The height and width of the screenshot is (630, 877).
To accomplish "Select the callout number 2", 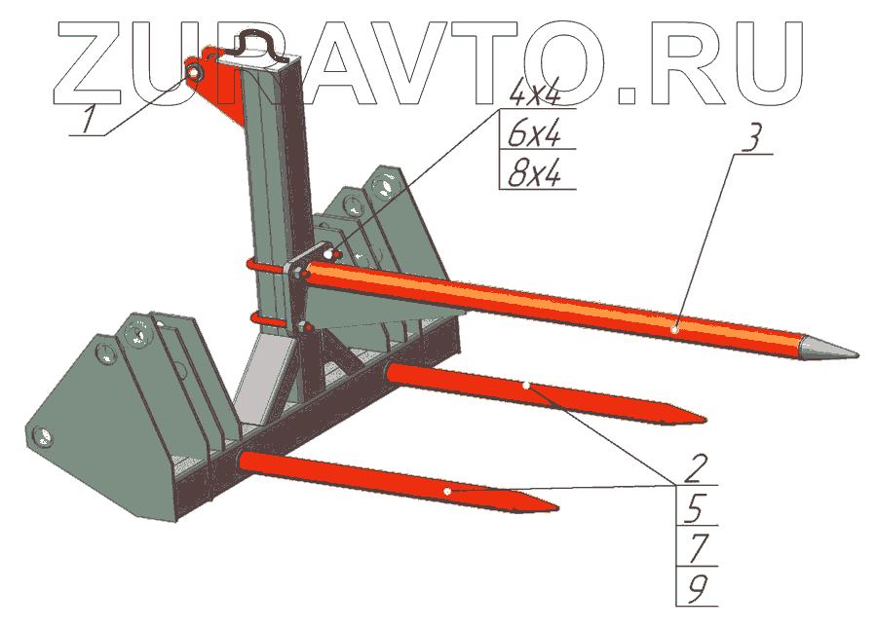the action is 695,467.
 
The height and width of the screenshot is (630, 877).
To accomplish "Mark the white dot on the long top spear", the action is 675,330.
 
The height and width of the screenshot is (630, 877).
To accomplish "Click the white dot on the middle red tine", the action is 526,387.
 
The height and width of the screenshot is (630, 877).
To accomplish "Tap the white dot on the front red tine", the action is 446,493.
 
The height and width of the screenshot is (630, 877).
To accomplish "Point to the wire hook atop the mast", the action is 259,41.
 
